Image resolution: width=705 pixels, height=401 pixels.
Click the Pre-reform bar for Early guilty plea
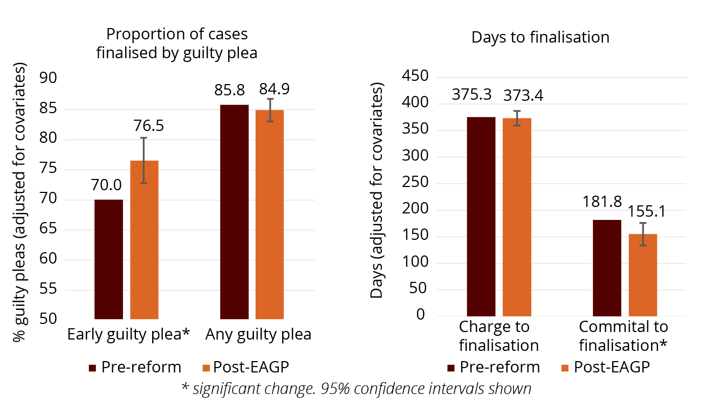click(108, 259)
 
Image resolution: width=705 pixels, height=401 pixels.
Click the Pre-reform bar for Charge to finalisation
click(481, 216)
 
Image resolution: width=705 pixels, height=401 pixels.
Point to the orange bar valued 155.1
click(643, 275)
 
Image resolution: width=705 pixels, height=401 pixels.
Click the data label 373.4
click(523, 95)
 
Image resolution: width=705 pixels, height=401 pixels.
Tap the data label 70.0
click(106, 185)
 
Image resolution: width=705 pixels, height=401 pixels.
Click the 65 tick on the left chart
click(49, 230)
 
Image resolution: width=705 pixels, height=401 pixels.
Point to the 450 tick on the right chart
click(415, 77)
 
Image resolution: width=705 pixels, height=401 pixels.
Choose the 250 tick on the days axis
click(415, 183)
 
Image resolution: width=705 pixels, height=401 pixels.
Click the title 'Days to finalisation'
click(540, 37)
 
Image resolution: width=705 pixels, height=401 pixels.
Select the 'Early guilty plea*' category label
click(129, 335)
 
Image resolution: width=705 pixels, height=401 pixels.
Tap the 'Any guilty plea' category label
click(258, 335)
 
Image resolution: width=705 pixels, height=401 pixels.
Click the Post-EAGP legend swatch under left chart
click(205, 368)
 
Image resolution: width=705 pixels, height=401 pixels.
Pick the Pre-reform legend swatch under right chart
click(452, 368)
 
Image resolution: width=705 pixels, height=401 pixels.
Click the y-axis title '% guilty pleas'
click(20, 202)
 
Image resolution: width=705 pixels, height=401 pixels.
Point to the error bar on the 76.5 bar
click(144, 160)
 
